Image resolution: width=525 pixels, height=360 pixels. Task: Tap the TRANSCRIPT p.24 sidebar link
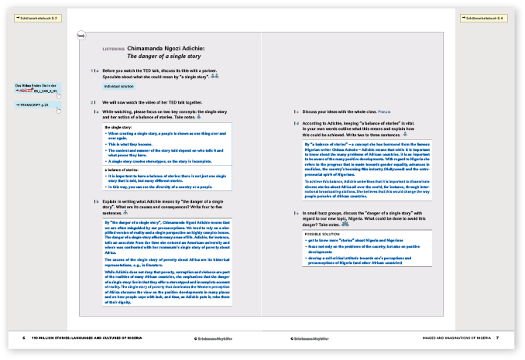pos(34,104)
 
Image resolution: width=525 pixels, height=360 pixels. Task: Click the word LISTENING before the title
pos(114,48)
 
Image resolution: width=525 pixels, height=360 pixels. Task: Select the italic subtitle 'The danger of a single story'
pos(160,57)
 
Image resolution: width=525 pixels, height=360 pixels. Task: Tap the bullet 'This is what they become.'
pos(136,145)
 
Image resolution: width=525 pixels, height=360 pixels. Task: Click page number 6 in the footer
pos(23,338)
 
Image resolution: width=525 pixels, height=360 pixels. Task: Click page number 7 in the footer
pos(498,338)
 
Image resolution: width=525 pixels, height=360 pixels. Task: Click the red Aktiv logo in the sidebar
pos(32,91)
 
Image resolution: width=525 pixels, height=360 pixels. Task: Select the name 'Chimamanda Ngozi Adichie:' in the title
pos(168,48)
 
